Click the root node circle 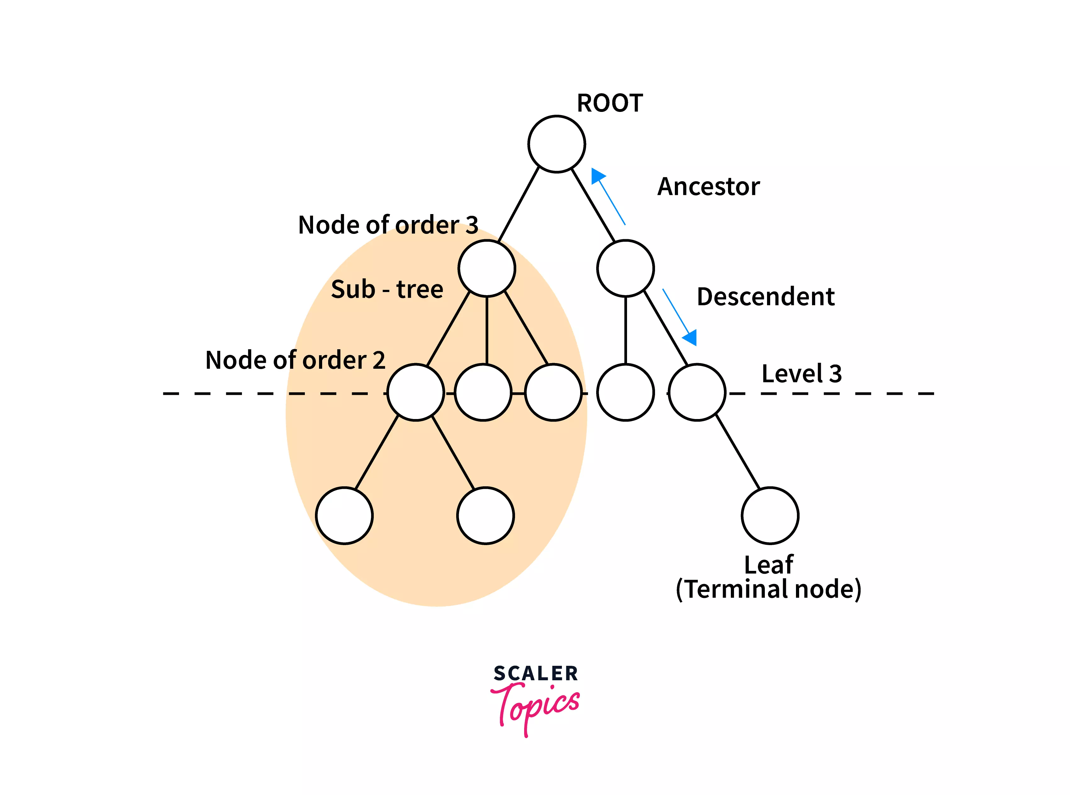click(556, 144)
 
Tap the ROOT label click(610, 103)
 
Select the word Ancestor click(709, 187)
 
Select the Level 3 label click(801, 374)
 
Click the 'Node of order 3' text click(388, 225)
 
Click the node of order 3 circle click(487, 268)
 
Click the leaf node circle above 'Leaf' click(770, 516)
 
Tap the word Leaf click(769, 565)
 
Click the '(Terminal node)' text click(769, 589)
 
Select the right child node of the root click(625, 268)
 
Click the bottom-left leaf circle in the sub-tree click(344, 516)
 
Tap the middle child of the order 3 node click(483, 393)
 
